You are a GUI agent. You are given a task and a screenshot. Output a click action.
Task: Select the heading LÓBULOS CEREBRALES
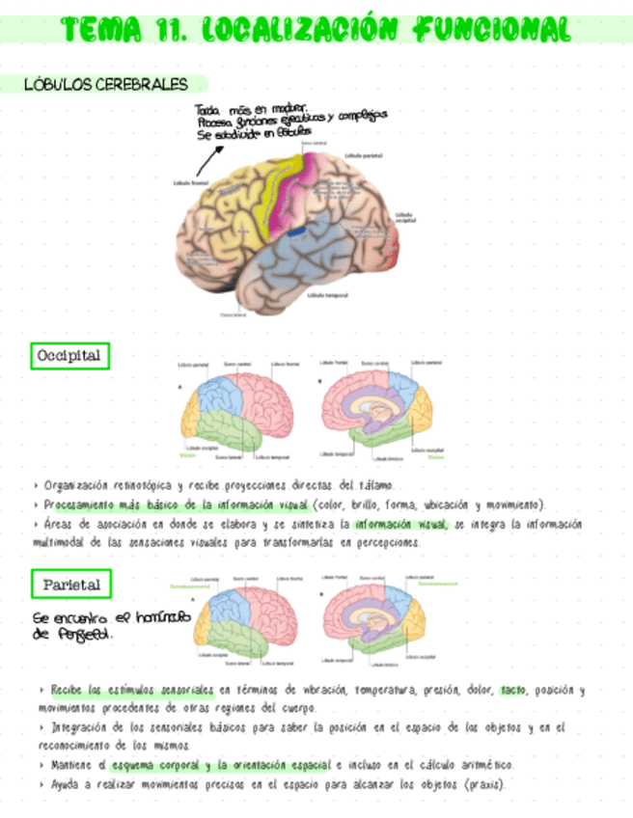point(106,85)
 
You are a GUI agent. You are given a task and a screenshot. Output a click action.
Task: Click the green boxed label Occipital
point(69,356)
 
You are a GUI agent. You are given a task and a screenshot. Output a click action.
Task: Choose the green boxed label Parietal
point(70,584)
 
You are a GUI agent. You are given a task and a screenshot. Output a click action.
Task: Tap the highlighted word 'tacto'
point(513,691)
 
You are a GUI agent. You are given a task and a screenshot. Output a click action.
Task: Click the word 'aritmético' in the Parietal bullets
point(480,765)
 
